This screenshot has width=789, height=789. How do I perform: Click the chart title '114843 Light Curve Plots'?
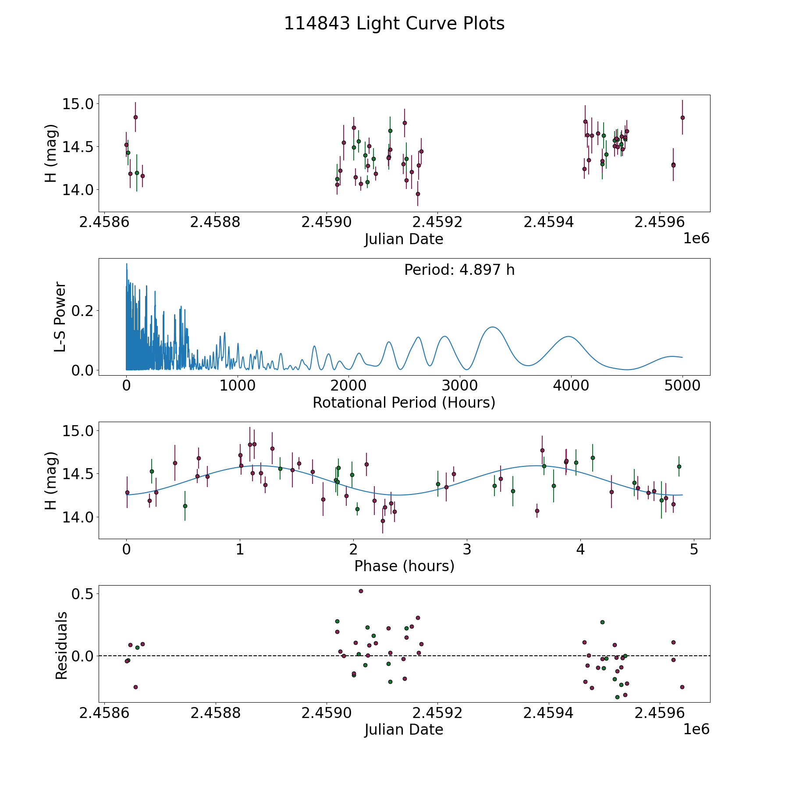(x=394, y=24)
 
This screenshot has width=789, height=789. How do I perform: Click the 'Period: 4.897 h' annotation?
(x=459, y=270)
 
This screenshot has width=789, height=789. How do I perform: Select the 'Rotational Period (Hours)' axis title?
(x=404, y=402)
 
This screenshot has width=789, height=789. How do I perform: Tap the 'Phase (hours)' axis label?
(x=404, y=566)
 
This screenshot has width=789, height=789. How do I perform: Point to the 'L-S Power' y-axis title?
(x=60, y=317)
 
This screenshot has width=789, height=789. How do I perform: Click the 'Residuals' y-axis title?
(x=62, y=645)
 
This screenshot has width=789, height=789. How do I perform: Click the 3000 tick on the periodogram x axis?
(x=460, y=386)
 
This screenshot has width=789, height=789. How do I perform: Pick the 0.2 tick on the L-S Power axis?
(x=83, y=311)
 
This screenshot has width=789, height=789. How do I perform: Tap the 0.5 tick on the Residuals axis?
(x=83, y=594)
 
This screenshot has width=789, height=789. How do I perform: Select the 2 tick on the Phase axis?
(x=353, y=549)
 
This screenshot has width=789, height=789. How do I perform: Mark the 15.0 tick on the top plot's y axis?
(x=78, y=104)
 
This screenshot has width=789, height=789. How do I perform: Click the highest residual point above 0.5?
(x=361, y=591)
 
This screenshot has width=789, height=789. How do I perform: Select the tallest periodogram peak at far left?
(x=127, y=263)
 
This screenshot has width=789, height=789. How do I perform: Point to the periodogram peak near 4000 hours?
(x=569, y=336)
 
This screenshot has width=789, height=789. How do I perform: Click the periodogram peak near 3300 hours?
(x=493, y=327)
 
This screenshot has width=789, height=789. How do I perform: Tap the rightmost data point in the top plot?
(x=682, y=117)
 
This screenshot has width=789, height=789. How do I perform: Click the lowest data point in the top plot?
(x=418, y=194)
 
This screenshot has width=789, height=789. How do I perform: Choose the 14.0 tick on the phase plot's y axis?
(x=78, y=517)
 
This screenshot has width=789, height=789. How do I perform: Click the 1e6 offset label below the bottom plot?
(x=697, y=729)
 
